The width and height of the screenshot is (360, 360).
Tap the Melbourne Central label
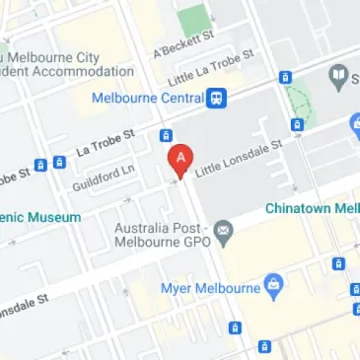pyautogui.click(x=147, y=98)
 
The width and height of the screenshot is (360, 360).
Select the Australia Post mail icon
pyautogui.click(x=224, y=234)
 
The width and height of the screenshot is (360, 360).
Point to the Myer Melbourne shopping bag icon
pyautogui.click(x=275, y=287)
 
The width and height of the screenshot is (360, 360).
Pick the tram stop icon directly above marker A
pyautogui.click(x=167, y=135)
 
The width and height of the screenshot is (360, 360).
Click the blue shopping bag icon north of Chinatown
pyautogui.click(x=354, y=124)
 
